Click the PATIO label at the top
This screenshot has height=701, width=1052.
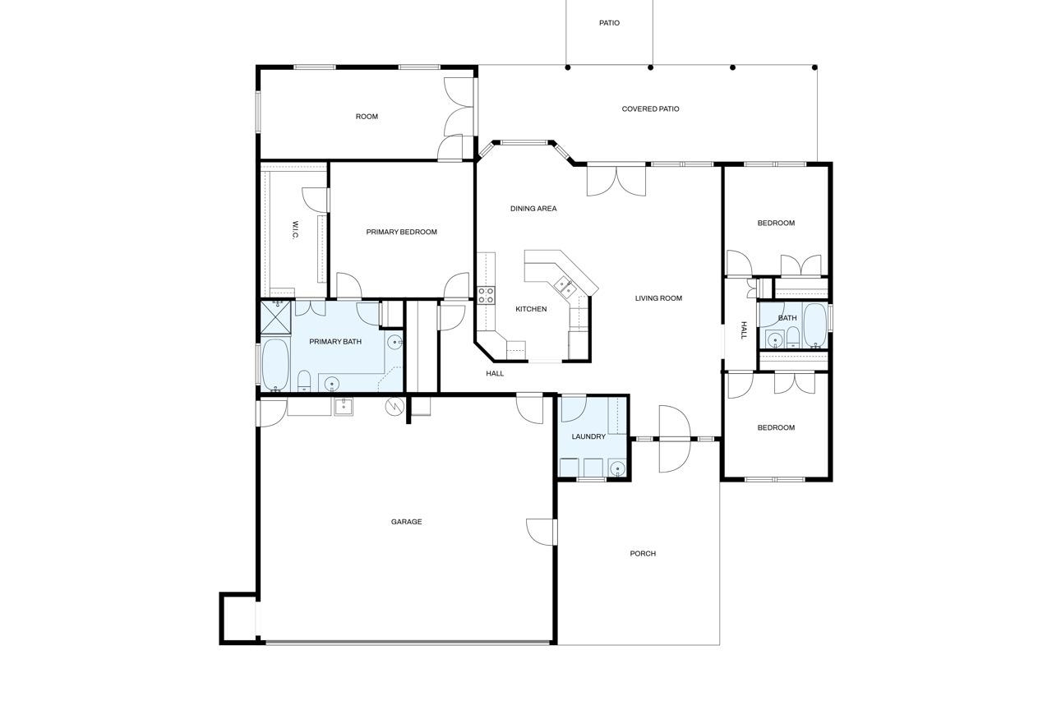[609, 23]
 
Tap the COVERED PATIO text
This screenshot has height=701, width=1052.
[650, 109]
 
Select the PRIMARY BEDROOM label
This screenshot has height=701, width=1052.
[402, 232]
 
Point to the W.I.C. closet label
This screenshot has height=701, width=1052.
[295, 230]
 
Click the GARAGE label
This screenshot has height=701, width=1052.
[406, 522]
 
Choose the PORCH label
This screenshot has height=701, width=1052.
[643, 554]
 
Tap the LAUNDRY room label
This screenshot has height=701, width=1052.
[588, 436]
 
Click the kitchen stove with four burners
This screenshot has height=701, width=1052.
[486, 295]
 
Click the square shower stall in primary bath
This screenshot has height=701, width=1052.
[275, 317]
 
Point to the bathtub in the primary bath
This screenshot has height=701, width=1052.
[275, 365]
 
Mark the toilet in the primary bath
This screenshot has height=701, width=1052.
[304, 380]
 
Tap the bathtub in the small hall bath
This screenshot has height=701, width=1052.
[814, 326]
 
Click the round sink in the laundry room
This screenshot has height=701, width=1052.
[617, 468]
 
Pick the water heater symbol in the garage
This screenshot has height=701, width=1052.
[394, 407]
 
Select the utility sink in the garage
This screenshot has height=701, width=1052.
[344, 407]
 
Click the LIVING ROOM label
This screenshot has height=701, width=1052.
[658, 298]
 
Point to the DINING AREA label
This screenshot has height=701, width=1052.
[533, 209]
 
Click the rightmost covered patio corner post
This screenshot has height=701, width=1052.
[814, 67]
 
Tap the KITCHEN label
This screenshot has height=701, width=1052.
[531, 309]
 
